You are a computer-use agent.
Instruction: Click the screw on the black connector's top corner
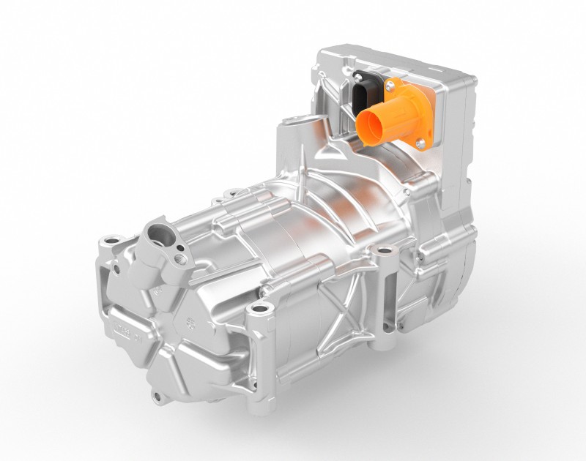click(357, 76)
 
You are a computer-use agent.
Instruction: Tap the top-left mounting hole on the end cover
click(111, 240)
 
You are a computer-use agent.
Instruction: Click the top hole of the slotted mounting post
click(382, 252)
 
